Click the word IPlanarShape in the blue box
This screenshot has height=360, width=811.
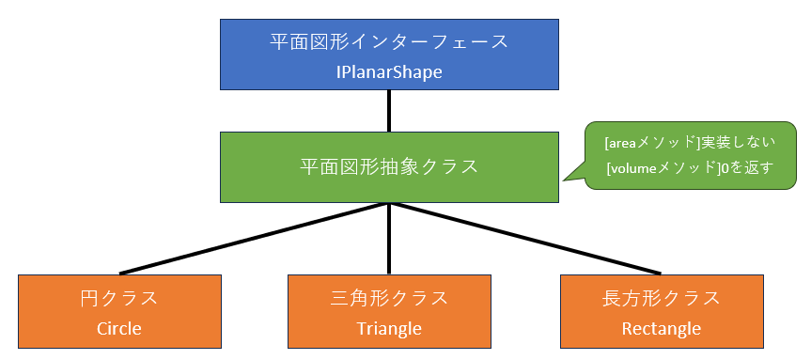[x=389, y=71]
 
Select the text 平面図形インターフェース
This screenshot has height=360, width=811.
[x=389, y=42]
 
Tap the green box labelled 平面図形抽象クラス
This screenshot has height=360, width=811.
[x=389, y=167]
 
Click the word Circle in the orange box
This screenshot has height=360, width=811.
[x=119, y=328]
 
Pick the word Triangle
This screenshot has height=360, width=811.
[x=389, y=329]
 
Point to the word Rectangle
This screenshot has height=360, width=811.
[x=662, y=329]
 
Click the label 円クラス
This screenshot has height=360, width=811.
[x=119, y=299]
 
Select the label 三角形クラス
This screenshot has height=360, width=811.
[x=389, y=299]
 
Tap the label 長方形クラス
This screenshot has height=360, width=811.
[x=662, y=299]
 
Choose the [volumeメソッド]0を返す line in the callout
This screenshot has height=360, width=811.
[x=691, y=168]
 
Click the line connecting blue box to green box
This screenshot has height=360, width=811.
[x=389, y=111]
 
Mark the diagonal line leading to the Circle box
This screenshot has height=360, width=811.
[x=254, y=238]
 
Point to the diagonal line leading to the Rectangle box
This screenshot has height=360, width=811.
[x=525, y=238]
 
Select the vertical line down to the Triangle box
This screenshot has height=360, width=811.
[x=389, y=239]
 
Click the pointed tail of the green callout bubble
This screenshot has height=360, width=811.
[x=564, y=180]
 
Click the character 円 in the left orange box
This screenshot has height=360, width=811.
[x=89, y=299]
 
